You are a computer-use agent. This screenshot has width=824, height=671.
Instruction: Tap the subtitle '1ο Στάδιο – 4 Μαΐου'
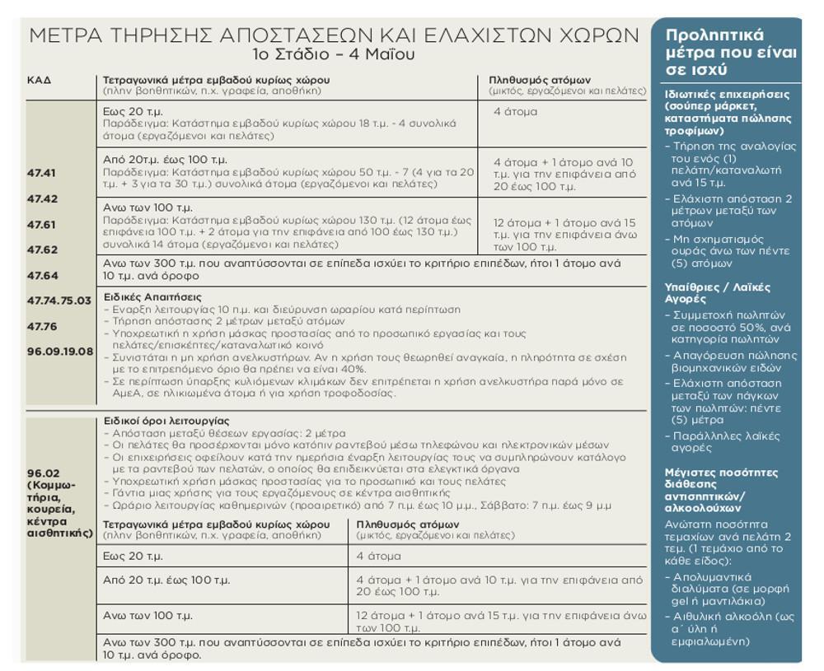point(333,55)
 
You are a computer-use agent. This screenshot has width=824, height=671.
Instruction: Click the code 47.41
point(42,174)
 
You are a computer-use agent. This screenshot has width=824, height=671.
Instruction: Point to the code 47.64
point(42,276)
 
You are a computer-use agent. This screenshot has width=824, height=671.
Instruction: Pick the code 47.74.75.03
point(59,301)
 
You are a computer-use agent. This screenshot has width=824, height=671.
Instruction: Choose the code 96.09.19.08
point(60,352)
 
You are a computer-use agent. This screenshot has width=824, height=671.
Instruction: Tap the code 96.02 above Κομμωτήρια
point(42,472)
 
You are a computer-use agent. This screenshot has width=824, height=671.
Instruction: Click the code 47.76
point(42,327)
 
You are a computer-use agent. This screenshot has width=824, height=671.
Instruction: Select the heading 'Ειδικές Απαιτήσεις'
point(152,296)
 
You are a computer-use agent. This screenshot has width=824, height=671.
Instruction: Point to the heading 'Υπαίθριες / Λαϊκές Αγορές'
point(717,293)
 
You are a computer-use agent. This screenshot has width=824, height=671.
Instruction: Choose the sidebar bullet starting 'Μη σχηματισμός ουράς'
point(729,251)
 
